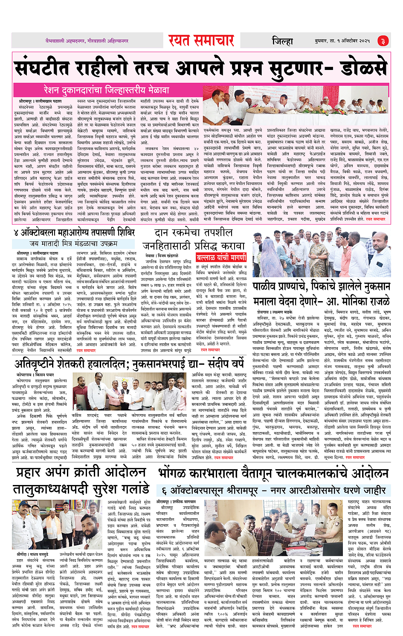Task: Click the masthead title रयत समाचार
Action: [201, 41]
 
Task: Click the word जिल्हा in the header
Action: [282, 41]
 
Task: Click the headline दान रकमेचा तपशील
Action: [193, 232]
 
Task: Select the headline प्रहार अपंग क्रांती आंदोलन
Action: [81, 472]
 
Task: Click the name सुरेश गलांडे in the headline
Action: [116, 488]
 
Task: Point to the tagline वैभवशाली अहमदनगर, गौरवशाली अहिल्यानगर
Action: [87, 41]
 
